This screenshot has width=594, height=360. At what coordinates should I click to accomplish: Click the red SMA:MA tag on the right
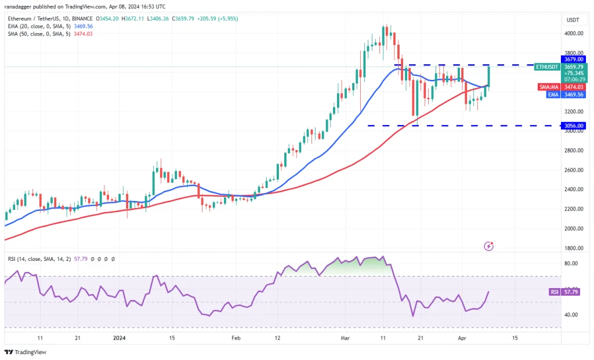[548, 86]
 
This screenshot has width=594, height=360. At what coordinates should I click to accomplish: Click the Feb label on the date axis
[236, 337]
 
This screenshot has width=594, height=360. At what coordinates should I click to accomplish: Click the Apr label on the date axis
[463, 337]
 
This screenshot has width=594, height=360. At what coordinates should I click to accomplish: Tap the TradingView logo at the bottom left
[26, 352]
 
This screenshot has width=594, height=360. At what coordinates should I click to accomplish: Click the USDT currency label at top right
[572, 20]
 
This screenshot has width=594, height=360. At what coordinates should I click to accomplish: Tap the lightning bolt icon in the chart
[488, 246]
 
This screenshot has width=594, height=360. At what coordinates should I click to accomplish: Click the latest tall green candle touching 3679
[489, 77]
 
